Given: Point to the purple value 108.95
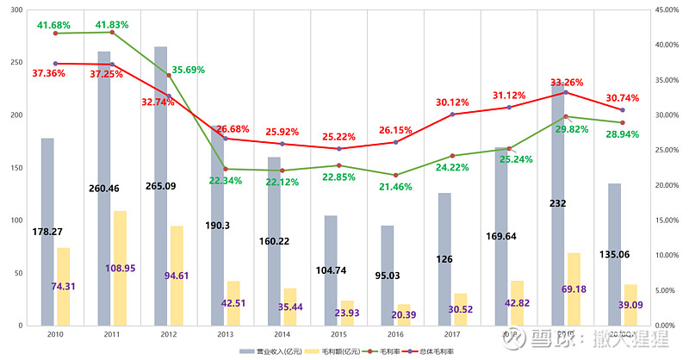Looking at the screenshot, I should tap(121, 268).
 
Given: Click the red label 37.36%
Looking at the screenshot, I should tap(49, 74).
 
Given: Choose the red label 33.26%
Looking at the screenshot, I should tap(567, 83).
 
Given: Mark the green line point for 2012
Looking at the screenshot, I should tap(169, 76).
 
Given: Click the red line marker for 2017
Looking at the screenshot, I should tap(451, 114).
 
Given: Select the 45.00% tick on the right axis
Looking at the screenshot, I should tap(668, 9).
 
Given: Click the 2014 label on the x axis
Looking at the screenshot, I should tap(282, 333).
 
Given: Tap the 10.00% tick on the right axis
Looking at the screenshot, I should tap(668, 256).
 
